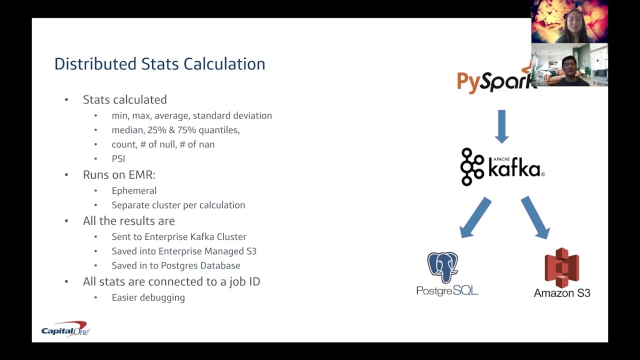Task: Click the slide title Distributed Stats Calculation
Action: point(159,64)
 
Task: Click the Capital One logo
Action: point(65,330)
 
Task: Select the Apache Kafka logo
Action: point(501,167)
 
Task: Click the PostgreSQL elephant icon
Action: point(442,268)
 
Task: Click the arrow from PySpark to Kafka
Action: point(501,126)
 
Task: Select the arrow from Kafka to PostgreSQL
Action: point(475,217)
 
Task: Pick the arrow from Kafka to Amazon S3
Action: point(535,217)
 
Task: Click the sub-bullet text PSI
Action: point(118,158)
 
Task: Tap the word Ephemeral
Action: point(134,190)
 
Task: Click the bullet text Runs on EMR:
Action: point(119,174)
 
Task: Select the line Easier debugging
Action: point(148,297)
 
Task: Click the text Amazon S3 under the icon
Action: point(562,293)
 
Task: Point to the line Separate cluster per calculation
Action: point(178,205)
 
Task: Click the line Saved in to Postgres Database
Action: point(175,265)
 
